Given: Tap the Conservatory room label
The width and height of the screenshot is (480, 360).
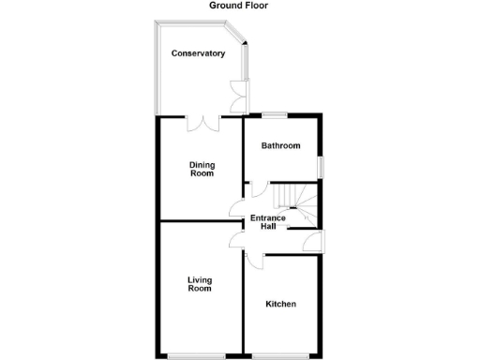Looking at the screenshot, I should pyautogui.click(x=198, y=53).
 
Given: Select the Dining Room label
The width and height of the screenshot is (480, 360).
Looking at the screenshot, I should pyautogui.click(x=202, y=169).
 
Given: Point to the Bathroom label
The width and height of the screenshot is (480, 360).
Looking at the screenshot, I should pyautogui.click(x=280, y=146).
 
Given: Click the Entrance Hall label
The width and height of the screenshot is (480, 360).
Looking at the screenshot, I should pyautogui.click(x=267, y=222).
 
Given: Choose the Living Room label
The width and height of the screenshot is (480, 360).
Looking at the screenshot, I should pyautogui.click(x=199, y=284).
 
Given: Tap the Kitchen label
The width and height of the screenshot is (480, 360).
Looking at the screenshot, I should pyautogui.click(x=281, y=305).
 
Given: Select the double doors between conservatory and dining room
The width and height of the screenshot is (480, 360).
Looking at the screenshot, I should pyautogui.click(x=202, y=121).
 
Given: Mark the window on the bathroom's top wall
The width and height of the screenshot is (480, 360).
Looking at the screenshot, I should pyautogui.click(x=274, y=115).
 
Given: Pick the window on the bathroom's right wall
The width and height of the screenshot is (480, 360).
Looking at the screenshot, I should pyautogui.click(x=321, y=166).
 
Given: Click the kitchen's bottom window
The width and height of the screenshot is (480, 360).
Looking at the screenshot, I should pyautogui.click(x=282, y=355).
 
